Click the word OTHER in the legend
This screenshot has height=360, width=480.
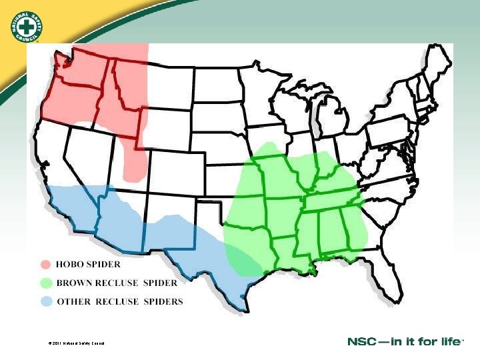pyautogui.click(x=75, y=301)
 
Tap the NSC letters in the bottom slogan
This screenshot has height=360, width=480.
pyautogui.click(x=362, y=342)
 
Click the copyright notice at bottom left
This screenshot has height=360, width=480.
pyautogui.click(x=76, y=343)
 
